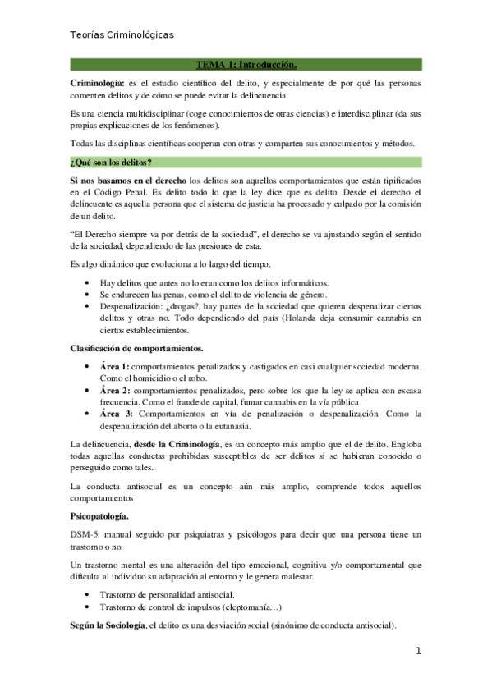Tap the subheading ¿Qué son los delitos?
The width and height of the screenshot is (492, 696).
click(x=111, y=161)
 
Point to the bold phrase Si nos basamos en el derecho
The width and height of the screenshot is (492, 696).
click(x=127, y=179)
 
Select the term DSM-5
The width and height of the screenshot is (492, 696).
click(x=85, y=533)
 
